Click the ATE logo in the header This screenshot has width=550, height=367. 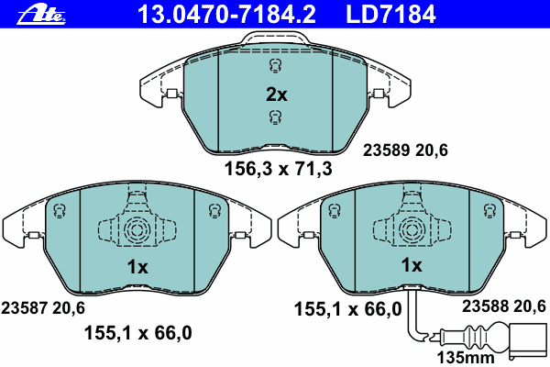[x=41, y=15]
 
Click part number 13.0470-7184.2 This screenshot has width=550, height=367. [x=226, y=15]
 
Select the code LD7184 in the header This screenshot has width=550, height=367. [x=390, y=15]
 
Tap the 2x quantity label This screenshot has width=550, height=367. [x=277, y=95]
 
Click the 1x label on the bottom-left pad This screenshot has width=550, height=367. [x=137, y=267]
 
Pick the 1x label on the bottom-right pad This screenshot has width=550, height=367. [x=412, y=265]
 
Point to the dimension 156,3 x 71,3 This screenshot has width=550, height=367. [x=278, y=169]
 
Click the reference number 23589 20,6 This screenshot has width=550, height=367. [x=405, y=150]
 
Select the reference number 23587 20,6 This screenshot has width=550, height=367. [x=43, y=308]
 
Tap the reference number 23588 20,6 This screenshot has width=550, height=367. [x=504, y=306]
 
